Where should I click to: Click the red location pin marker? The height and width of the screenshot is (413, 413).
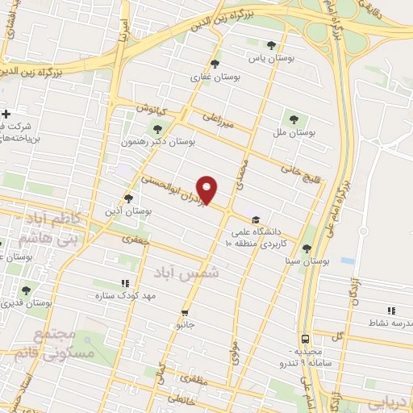[x=207, y=190]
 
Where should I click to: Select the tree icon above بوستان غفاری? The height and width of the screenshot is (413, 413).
[x=214, y=64]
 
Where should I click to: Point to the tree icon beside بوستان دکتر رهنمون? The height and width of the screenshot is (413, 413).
[x=157, y=128]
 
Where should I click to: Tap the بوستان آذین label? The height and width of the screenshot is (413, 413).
[x=128, y=211]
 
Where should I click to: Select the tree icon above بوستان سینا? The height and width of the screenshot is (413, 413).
[x=307, y=248]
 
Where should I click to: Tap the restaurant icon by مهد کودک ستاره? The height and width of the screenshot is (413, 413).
[x=124, y=283]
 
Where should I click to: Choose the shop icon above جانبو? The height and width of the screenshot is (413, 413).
[x=186, y=312]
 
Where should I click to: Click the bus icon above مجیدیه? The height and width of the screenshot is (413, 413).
[x=306, y=340]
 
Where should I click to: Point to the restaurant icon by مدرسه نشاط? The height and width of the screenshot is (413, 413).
[x=391, y=311]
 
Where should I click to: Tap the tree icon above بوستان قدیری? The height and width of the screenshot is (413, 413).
[x=27, y=290]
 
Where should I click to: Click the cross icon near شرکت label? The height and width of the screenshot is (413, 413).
[x=6, y=114]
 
